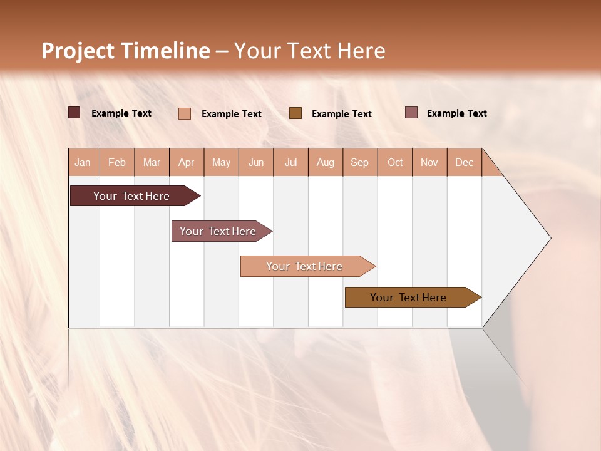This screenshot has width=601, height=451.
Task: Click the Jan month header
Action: click(x=83, y=162)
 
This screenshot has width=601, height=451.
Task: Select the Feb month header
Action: click(x=117, y=162)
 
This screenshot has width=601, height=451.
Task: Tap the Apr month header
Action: click(x=187, y=162)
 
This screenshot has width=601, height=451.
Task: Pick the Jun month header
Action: click(x=256, y=162)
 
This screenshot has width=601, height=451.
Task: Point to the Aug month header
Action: click(x=326, y=162)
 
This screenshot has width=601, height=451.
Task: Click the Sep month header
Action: click(x=360, y=162)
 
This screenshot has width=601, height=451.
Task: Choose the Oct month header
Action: click(x=395, y=162)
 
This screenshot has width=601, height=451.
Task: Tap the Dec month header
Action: click(x=465, y=162)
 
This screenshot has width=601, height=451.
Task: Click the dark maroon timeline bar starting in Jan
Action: click(x=131, y=196)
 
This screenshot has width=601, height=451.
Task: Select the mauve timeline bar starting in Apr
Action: click(x=218, y=231)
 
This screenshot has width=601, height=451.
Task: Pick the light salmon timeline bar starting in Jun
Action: click(x=304, y=266)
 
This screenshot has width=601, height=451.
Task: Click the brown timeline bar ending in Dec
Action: click(x=408, y=298)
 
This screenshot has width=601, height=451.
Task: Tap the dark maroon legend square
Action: click(x=74, y=113)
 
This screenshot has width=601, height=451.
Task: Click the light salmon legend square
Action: click(x=185, y=113)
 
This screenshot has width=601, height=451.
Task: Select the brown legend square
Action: click(x=295, y=113)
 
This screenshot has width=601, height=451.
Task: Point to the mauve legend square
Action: click(x=411, y=113)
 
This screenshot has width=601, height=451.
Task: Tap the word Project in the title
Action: click(x=78, y=51)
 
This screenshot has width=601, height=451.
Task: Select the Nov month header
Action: click(x=429, y=162)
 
